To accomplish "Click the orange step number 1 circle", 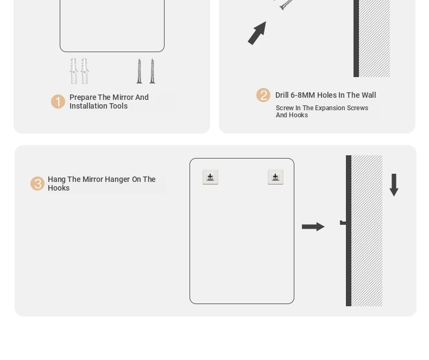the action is tap(58, 102).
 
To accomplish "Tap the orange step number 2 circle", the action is tap(263, 95).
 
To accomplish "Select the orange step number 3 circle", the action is tap(37, 184).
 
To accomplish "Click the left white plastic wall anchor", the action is tap(74, 71).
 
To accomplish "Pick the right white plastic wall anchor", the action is tap(85, 71).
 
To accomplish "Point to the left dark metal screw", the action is tap(139, 71).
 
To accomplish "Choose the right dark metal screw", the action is tap(153, 71).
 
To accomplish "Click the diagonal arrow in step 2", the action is tap(257, 33).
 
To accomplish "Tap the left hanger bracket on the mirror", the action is tap(210, 177).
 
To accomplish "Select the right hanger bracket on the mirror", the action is tap(275, 177).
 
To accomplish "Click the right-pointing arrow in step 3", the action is tap(313, 226).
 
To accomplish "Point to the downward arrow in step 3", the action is tap(394, 185).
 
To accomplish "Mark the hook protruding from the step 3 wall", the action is tap(343, 223).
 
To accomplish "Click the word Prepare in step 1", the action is tap(83, 97).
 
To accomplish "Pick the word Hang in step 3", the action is tap(56, 179).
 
